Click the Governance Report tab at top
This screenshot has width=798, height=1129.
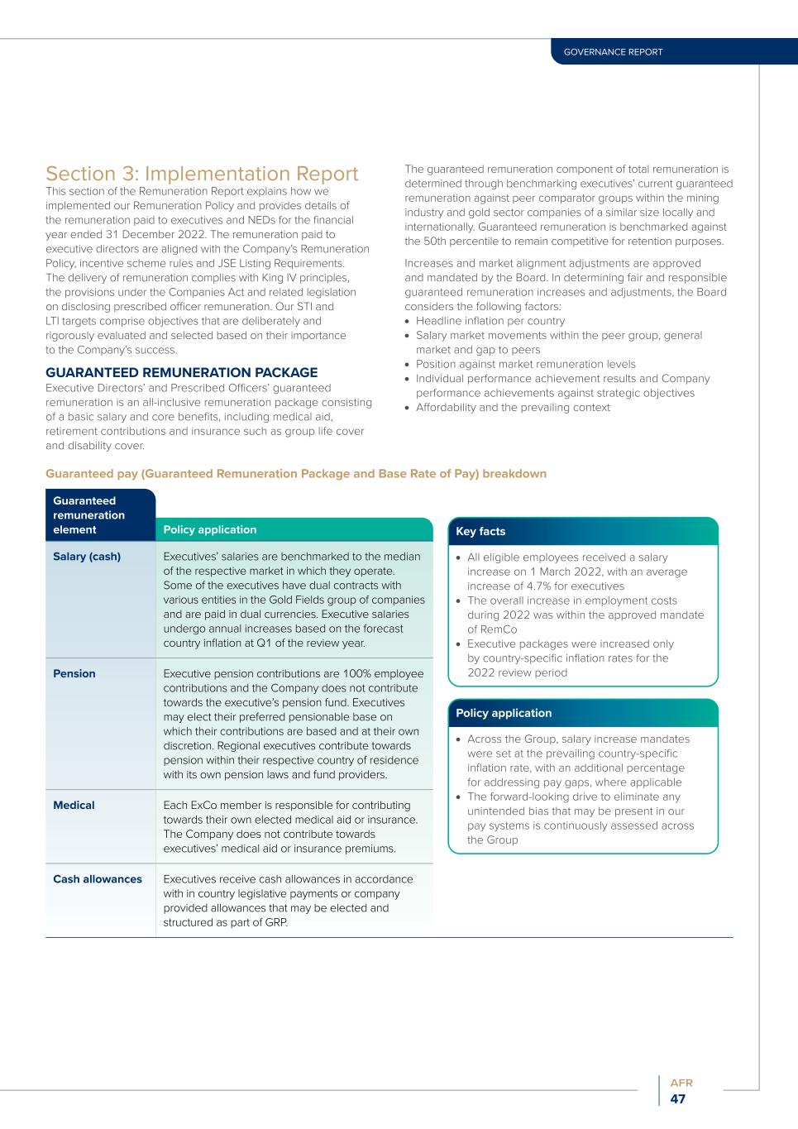pos(613,52)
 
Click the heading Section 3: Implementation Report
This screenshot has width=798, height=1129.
pos(202,174)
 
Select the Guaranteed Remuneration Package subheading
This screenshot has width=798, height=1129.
pos(181,373)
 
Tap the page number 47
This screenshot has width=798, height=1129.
pos(678,1099)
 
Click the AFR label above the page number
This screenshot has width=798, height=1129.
pos(681,1083)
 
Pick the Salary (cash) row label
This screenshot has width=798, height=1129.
pos(87,557)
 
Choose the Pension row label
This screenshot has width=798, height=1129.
pos(74,674)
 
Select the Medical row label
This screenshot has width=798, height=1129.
pos(74,806)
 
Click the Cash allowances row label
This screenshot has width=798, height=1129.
pos(98,879)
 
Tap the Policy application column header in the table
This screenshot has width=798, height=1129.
pos(210,530)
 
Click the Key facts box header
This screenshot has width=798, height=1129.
pos(480,532)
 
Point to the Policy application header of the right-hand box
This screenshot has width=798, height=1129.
pos(504,713)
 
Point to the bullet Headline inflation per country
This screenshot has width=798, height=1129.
pos(490,321)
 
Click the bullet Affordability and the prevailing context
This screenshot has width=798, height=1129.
pos(513,408)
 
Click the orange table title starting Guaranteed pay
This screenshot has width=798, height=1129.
pos(296,474)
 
